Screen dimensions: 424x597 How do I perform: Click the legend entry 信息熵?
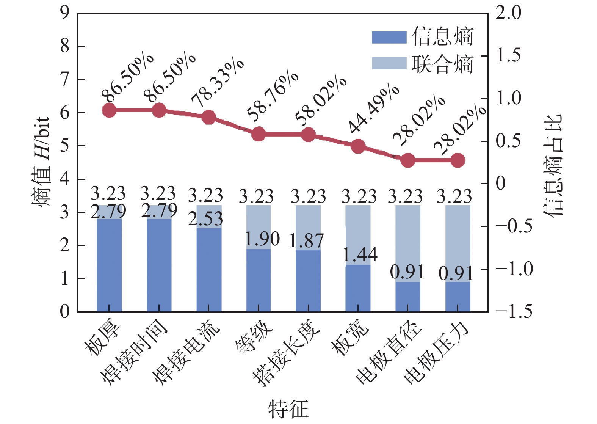423,37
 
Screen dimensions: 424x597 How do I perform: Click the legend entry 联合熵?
423,63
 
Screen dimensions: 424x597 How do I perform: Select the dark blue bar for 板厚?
109,265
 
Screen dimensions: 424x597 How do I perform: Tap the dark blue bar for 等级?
259,281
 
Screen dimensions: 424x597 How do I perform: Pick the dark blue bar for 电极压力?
458,297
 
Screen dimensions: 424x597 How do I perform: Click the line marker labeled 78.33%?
209,118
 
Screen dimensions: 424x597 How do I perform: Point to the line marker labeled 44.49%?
358,146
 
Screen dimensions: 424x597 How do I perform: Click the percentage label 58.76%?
272,95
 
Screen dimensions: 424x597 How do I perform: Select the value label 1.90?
262,239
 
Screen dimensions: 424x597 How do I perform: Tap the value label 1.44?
360,254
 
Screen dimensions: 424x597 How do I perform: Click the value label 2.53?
205,219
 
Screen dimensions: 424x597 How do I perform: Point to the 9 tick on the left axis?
65,13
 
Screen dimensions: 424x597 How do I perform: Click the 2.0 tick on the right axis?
509,13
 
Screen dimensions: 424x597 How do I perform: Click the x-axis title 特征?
288,409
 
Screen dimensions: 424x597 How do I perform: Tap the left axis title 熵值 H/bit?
41,161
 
